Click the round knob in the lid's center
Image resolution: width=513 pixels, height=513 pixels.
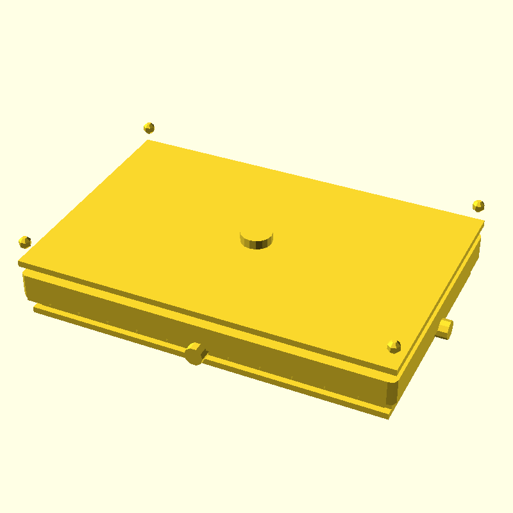[256, 237]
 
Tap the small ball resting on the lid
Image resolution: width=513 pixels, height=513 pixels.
[394, 347]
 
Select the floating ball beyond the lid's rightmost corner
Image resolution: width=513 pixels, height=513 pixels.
[478, 205]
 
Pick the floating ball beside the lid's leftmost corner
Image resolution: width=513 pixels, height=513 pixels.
[25, 242]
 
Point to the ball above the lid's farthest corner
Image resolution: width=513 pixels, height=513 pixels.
[149, 128]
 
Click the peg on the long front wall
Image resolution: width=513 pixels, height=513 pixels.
[195, 353]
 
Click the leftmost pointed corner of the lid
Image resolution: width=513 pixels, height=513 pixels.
[19, 262]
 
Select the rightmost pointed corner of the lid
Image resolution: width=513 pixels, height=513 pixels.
[483, 221]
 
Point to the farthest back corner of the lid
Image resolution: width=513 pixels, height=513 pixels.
[149, 140]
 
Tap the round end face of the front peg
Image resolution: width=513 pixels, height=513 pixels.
[192, 355]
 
